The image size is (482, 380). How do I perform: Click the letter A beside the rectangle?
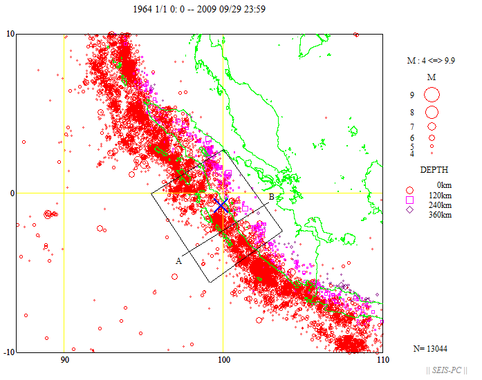[178, 260]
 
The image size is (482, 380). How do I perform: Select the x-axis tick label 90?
[64, 360]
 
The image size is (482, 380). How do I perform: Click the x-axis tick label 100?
[223, 360]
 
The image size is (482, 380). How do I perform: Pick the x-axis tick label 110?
[381, 360]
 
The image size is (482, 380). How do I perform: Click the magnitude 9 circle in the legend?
[432, 94]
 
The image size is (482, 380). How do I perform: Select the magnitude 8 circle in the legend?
[432, 112]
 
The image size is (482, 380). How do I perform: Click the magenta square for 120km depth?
[410, 200]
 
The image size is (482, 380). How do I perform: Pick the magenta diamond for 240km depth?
[410, 209]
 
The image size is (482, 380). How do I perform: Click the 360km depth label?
[441, 215]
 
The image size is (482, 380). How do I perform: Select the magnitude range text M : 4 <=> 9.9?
[432, 61]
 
